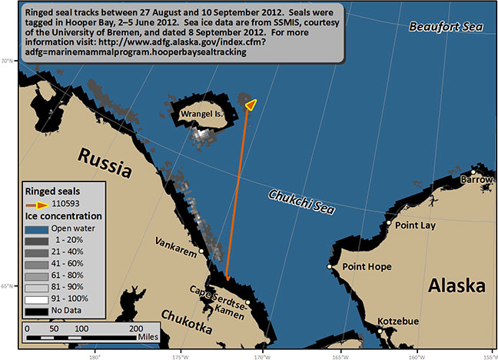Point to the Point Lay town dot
click(390, 225)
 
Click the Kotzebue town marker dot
click(379, 332)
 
